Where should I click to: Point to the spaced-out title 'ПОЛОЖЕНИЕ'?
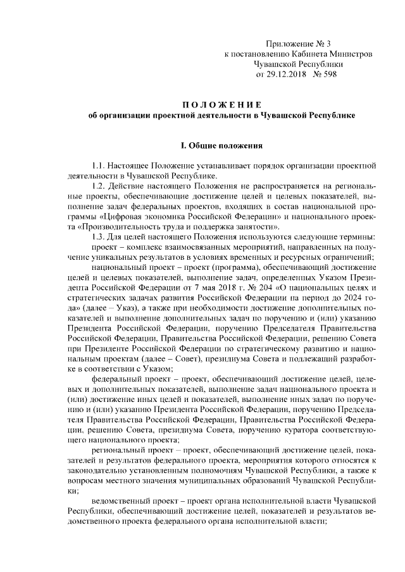pyautogui.click(x=221, y=104)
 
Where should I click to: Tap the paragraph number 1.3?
pyautogui.click(x=102, y=236)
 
